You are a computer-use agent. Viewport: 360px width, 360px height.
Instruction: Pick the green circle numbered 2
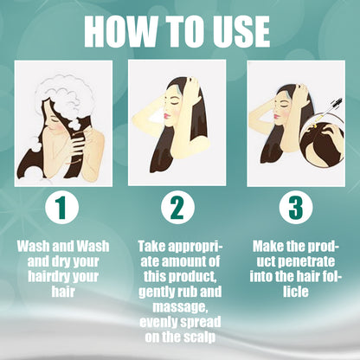point(177,208)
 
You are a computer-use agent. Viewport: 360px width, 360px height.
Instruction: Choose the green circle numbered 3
point(295,208)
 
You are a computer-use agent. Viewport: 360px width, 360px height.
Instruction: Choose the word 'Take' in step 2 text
point(153,247)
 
